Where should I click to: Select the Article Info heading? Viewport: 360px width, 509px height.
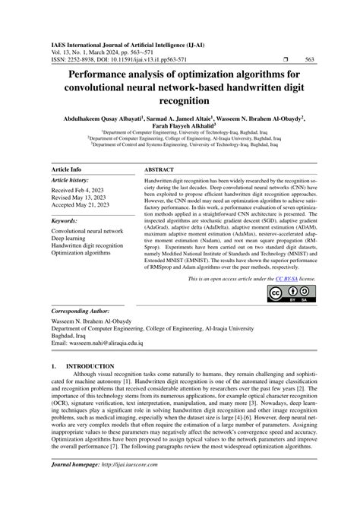68,169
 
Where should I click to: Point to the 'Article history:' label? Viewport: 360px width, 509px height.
70,181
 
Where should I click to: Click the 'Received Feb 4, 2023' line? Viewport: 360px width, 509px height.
79,192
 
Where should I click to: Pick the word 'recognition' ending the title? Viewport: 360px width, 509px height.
180,100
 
